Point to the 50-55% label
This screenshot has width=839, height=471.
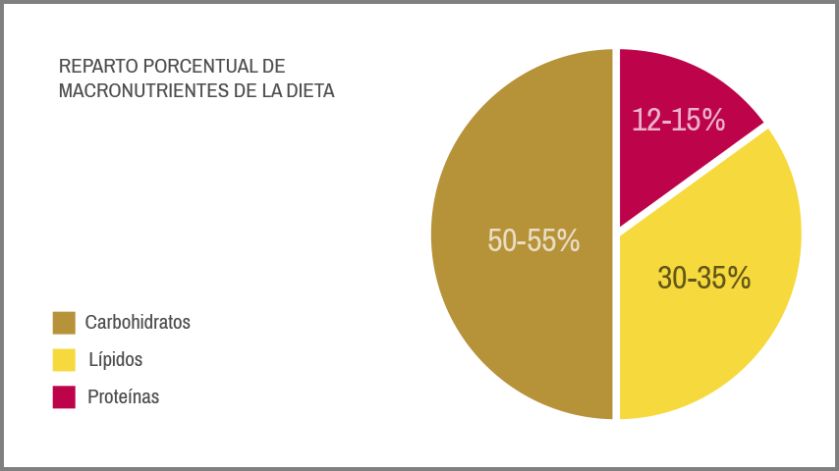click(533, 240)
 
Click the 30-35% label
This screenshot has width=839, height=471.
click(704, 279)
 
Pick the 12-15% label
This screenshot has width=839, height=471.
click(678, 120)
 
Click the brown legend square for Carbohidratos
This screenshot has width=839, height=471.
click(64, 323)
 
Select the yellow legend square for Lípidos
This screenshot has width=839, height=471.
click(64, 360)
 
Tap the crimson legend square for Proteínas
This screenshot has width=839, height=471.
click(64, 397)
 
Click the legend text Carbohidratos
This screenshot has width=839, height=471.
click(138, 322)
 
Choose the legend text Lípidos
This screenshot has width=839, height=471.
click(116, 359)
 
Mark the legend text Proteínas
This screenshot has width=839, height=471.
click(124, 397)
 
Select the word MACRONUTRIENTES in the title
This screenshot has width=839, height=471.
click(137, 91)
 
